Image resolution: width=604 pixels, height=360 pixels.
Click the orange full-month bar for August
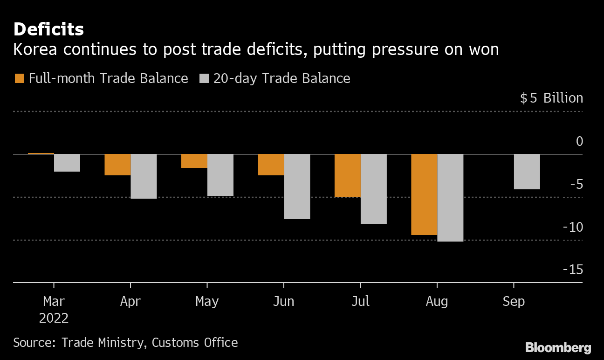click(x=424, y=194)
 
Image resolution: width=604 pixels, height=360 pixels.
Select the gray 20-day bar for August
click(x=450, y=197)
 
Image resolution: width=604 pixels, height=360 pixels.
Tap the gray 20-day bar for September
click(x=527, y=171)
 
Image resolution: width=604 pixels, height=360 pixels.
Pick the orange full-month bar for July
click(x=347, y=175)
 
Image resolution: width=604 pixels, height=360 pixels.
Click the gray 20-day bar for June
click(x=297, y=186)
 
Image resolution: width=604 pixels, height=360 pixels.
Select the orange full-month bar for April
click(x=117, y=164)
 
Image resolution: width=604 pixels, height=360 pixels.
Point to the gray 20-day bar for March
click(x=67, y=162)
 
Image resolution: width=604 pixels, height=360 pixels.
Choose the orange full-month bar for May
click(x=194, y=160)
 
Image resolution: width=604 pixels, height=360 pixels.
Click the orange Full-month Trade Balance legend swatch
click(x=19, y=78)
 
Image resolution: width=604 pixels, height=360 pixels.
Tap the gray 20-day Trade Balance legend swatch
click(x=204, y=78)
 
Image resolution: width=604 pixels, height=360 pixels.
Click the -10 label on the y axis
click(x=572, y=227)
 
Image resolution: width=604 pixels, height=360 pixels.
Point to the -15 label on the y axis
click(x=572, y=270)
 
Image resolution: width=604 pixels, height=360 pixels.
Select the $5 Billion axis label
click(x=551, y=98)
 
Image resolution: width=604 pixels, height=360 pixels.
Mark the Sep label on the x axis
click(x=514, y=302)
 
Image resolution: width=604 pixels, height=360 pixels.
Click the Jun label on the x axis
click(x=283, y=302)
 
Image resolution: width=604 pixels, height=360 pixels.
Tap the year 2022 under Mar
click(x=54, y=318)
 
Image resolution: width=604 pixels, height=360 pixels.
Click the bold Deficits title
click(x=48, y=29)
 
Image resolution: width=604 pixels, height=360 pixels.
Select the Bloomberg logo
click(x=558, y=347)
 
